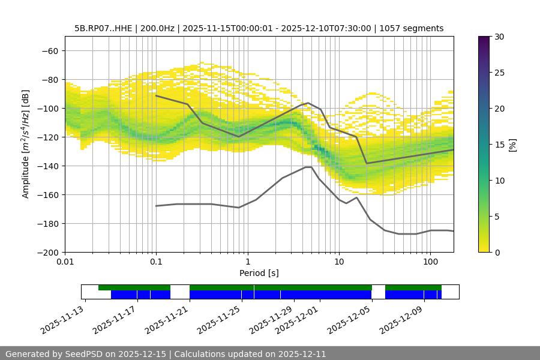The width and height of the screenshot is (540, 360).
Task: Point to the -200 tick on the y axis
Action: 49,252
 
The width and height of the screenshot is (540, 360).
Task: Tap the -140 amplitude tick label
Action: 49,166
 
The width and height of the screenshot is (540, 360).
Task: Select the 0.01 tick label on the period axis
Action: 65,262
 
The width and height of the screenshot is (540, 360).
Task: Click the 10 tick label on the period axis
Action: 339,262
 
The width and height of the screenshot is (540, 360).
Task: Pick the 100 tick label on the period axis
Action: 430,262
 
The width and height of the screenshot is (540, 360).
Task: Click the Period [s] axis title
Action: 259,273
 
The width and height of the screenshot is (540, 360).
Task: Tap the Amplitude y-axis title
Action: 26,145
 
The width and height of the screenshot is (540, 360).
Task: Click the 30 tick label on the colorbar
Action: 499,37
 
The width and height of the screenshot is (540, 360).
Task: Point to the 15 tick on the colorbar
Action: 499,145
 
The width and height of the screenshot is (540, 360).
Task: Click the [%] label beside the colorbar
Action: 512,145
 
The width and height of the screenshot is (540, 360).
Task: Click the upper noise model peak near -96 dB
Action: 308,103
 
